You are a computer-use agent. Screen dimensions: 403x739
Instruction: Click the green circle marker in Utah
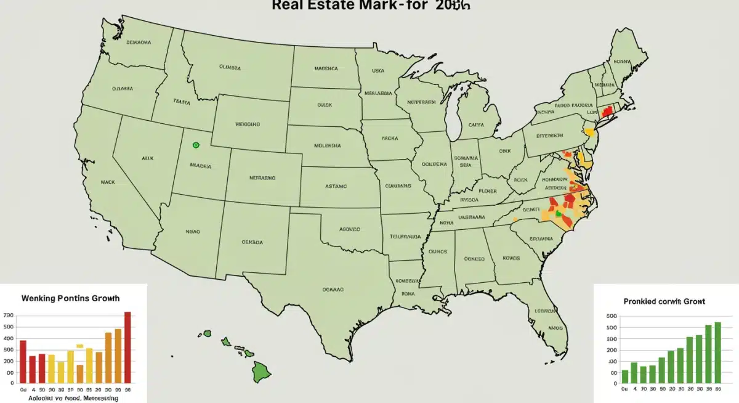pyautogui.click(x=196, y=145)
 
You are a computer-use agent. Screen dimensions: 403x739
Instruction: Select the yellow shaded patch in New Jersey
pyautogui.click(x=589, y=131)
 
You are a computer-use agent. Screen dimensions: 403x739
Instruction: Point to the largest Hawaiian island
pyautogui.click(x=261, y=371)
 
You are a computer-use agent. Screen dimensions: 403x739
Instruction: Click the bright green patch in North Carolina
pyautogui.click(x=559, y=213)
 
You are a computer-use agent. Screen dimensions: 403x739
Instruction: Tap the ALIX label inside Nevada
pyautogui.click(x=147, y=158)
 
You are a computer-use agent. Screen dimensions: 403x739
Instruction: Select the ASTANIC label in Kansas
pyautogui.click(x=336, y=185)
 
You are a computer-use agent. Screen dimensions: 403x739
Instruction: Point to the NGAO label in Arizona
pyautogui.click(x=193, y=232)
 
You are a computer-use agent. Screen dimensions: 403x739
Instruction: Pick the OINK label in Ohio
pyautogui.click(x=505, y=150)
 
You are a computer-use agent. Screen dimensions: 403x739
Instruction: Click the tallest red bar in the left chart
pyautogui.click(x=127, y=348)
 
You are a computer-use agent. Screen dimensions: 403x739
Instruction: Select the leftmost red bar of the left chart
pyautogui.click(x=23, y=362)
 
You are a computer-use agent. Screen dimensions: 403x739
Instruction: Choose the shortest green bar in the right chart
pyautogui.click(x=625, y=377)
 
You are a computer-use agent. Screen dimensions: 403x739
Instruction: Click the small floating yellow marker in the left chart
pyautogui.click(x=79, y=346)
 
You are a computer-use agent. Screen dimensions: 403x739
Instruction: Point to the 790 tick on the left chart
pyautogui.click(x=8, y=315)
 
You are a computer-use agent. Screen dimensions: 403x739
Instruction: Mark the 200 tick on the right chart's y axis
pyautogui.click(x=612, y=350)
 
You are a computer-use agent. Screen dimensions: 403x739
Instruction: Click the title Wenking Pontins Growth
pyautogui.click(x=70, y=298)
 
